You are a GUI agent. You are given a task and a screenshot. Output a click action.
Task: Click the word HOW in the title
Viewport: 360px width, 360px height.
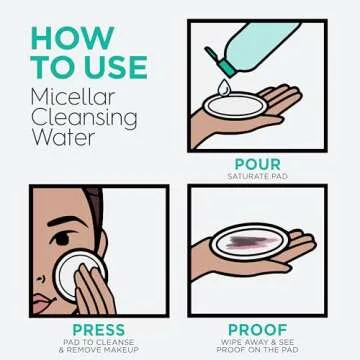[x=73, y=39]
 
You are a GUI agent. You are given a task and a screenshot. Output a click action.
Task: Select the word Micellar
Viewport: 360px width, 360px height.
[x=73, y=97]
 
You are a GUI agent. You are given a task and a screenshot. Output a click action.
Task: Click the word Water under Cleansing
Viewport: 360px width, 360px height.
[x=63, y=137]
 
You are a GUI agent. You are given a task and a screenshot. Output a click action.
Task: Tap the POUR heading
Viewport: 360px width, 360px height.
[x=258, y=164]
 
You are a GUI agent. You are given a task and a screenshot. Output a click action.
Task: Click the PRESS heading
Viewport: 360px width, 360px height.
[x=99, y=330]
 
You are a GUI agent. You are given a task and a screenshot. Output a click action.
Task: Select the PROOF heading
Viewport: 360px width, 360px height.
[x=258, y=330]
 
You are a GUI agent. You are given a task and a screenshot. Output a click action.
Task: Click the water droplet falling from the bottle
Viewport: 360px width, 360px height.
[x=222, y=87]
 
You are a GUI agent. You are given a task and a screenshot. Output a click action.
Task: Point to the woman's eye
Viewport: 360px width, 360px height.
[x=62, y=239]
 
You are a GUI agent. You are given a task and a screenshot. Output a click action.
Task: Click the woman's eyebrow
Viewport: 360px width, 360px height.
[x=63, y=221]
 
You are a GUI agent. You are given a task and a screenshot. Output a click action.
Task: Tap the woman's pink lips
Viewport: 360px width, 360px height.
[x=41, y=302]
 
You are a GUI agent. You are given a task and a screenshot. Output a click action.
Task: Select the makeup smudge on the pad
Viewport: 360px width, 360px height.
[x=251, y=242]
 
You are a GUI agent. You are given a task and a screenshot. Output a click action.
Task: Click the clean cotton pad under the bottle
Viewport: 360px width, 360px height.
[x=236, y=106]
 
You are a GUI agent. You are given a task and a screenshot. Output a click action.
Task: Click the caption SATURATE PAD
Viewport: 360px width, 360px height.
[x=258, y=176]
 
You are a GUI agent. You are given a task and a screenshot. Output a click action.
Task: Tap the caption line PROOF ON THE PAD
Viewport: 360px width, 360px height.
[x=258, y=350]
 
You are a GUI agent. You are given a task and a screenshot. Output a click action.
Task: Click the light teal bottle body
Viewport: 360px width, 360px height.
[x=263, y=43]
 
